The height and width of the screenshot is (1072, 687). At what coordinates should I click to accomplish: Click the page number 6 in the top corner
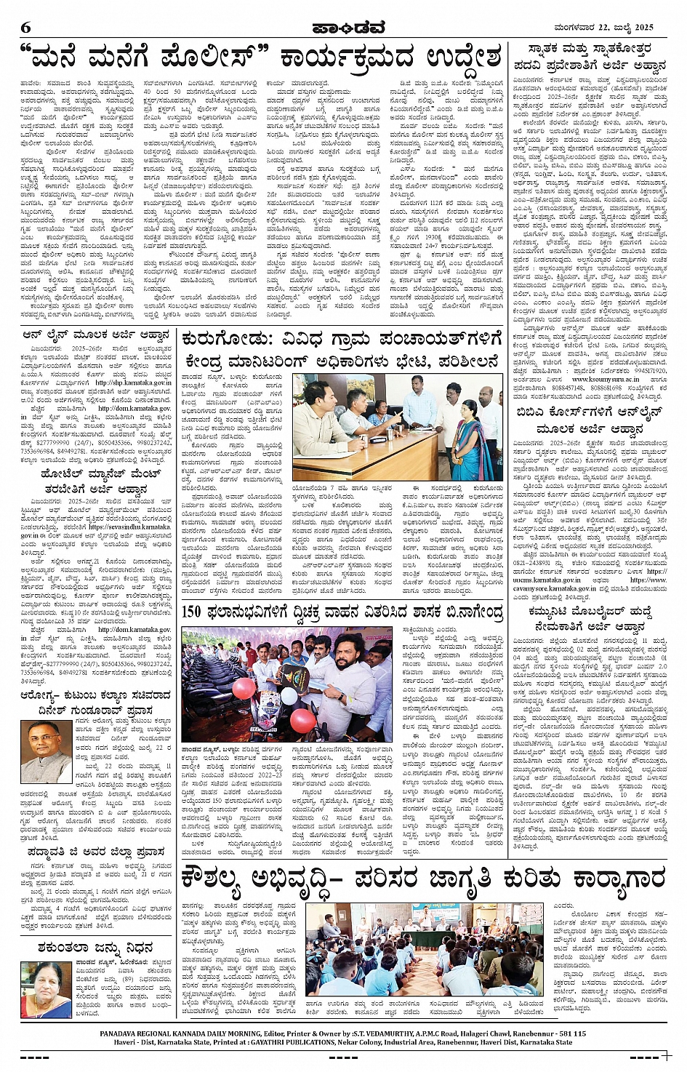point(26,28)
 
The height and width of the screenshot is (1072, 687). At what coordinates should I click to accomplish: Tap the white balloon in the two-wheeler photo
point(289,696)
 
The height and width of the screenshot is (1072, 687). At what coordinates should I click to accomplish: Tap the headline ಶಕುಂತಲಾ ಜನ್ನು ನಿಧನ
point(95,948)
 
